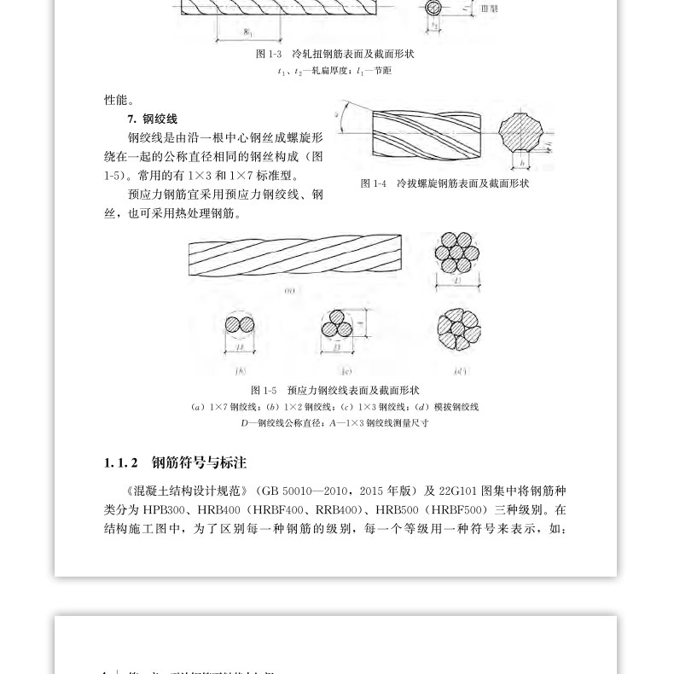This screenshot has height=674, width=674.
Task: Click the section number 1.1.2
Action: point(120,463)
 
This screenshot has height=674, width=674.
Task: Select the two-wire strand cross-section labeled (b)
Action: point(238,325)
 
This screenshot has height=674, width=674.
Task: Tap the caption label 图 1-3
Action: point(269,54)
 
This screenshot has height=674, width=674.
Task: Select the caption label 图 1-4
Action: point(374,183)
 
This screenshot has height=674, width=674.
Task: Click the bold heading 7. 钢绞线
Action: point(152,119)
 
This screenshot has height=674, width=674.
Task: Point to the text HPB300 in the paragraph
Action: point(164,510)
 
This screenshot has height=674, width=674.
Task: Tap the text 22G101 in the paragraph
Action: point(459,491)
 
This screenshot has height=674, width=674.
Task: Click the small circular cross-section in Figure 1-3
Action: point(434,9)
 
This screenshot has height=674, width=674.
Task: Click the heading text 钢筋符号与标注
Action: point(199,463)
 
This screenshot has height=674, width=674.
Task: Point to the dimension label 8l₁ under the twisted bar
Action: point(248,32)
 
